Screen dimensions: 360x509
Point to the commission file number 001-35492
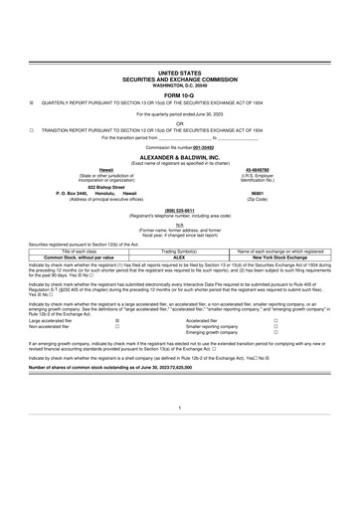tap(199, 148)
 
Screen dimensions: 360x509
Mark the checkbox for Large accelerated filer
tap(118, 322)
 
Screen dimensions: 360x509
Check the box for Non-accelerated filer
tap(118, 328)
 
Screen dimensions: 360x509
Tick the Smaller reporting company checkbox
tap(274, 328)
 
